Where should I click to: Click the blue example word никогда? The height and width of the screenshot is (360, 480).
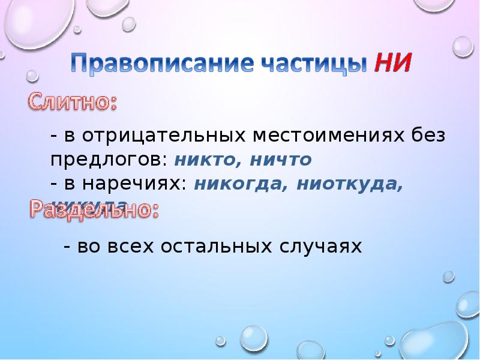coord(238,185)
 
